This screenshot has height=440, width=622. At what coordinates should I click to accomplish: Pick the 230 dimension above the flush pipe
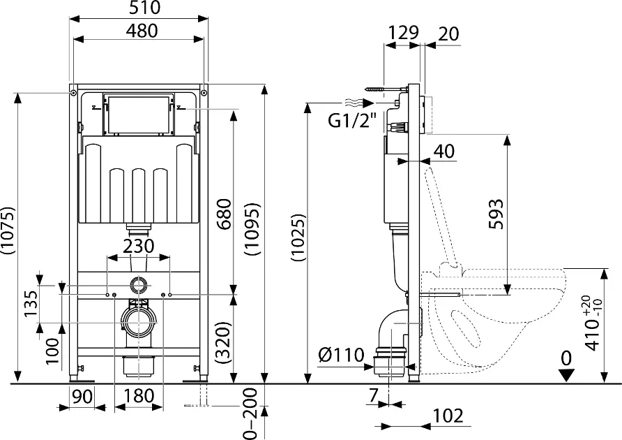(139, 247)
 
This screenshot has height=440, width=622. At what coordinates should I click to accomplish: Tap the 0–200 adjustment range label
(255, 414)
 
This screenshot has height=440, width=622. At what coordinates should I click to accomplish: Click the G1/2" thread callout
(351, 122)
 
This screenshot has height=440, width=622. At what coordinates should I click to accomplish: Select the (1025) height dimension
(298, 238)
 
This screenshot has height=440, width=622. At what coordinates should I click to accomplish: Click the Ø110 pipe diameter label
(341, 355)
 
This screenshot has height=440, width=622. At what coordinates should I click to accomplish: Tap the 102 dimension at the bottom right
(447, 416)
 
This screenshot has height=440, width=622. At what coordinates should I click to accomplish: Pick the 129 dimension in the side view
(403, 32)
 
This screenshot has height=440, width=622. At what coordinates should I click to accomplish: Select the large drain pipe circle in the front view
(138, 321)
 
